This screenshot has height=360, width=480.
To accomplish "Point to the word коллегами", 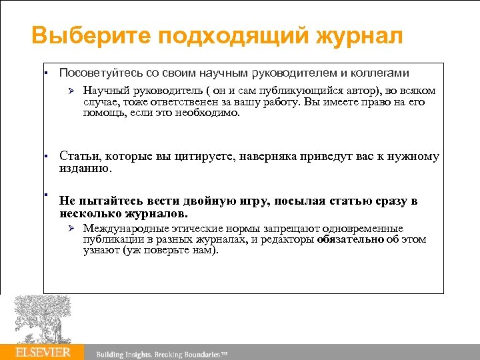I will [x=380, y=72].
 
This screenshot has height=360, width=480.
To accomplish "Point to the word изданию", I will [x=86, y=168].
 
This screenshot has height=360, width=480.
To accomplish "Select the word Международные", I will [x=125, y=229].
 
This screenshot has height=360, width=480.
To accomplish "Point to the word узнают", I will [x=100, y=250].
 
